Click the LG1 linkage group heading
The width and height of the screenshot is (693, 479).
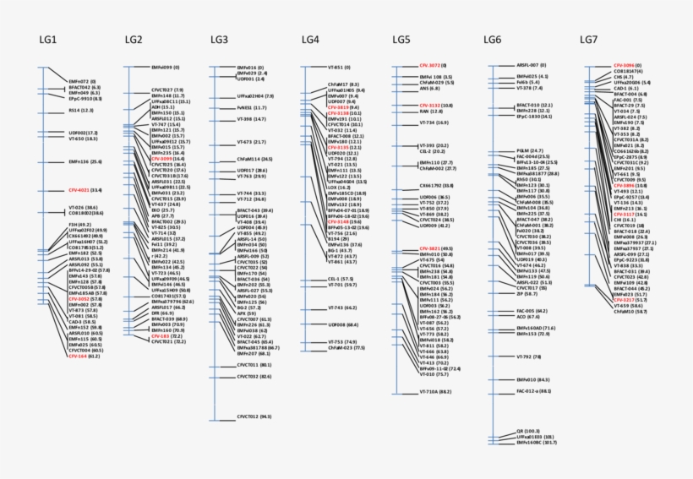[47, 40]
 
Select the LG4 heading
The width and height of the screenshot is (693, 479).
[310, 40]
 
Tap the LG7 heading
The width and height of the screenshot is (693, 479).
[589, 40]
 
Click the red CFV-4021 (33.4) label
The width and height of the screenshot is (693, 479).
[85, 190]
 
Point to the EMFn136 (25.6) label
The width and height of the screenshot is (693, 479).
[85, 161]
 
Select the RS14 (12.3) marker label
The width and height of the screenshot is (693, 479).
[82, 110]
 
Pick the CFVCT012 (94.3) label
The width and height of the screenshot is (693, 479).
[254, 417]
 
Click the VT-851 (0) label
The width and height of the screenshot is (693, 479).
[339, 68]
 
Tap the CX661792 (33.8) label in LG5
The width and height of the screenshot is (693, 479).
[439, 184]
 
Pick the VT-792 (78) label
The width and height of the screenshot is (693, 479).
[527, 357]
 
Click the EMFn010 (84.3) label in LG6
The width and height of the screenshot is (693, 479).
[533, 380]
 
